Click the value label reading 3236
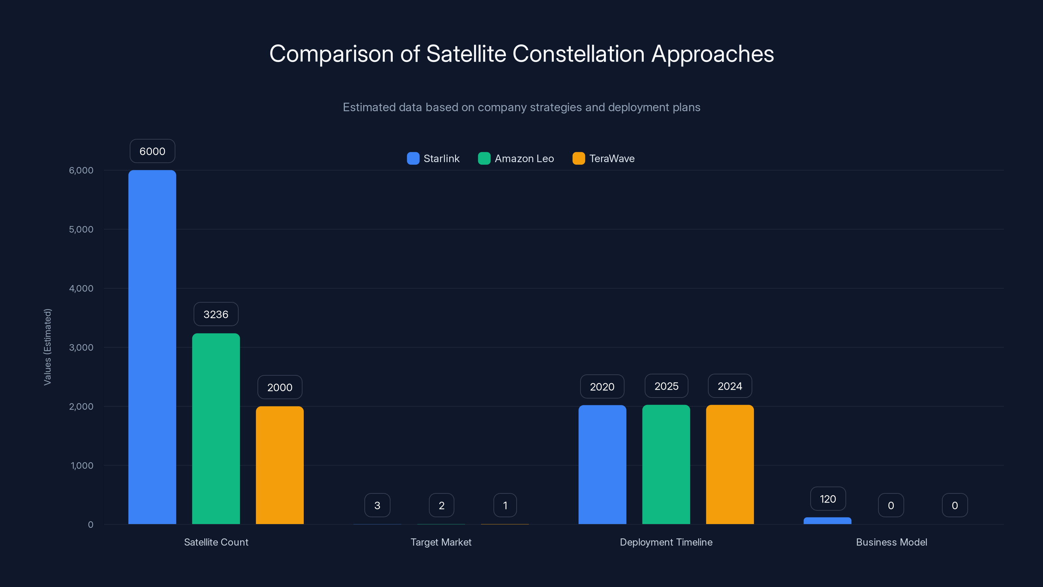[216, 314]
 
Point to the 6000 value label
[152, 151]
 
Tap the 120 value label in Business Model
[828, 499]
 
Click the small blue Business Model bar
[827, 520]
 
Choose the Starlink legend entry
[433, 158]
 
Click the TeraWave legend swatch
[579, 158]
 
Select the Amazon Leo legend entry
[516, 158]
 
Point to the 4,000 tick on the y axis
[81, 288]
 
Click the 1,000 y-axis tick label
[82, 465]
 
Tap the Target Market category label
[441, 542]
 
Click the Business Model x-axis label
[891, 542]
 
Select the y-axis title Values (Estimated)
[47, 347]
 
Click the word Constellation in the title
[578, 54]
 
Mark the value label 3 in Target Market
[377, 505]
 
